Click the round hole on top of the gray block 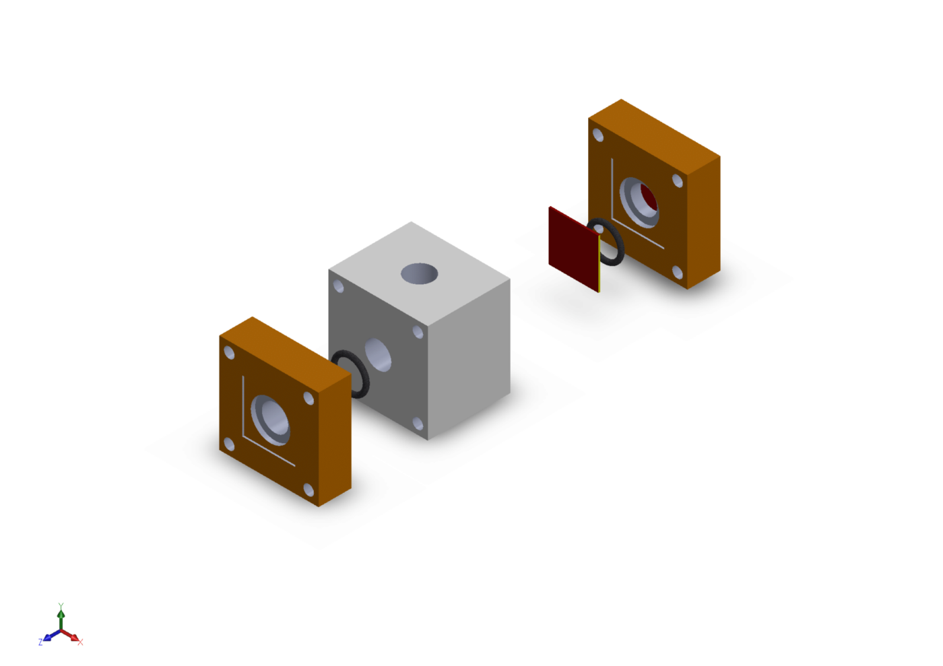[x=419, y=273]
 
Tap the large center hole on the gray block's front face [x=378, y=355]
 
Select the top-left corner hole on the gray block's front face [x=338, y=286]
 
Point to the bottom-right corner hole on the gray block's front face [x=418, y=424]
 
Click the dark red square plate [x=573, y=248]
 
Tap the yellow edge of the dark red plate [x=599, y=263]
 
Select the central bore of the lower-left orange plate [x=270, y=420]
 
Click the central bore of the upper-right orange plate [x=639, y=203]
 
